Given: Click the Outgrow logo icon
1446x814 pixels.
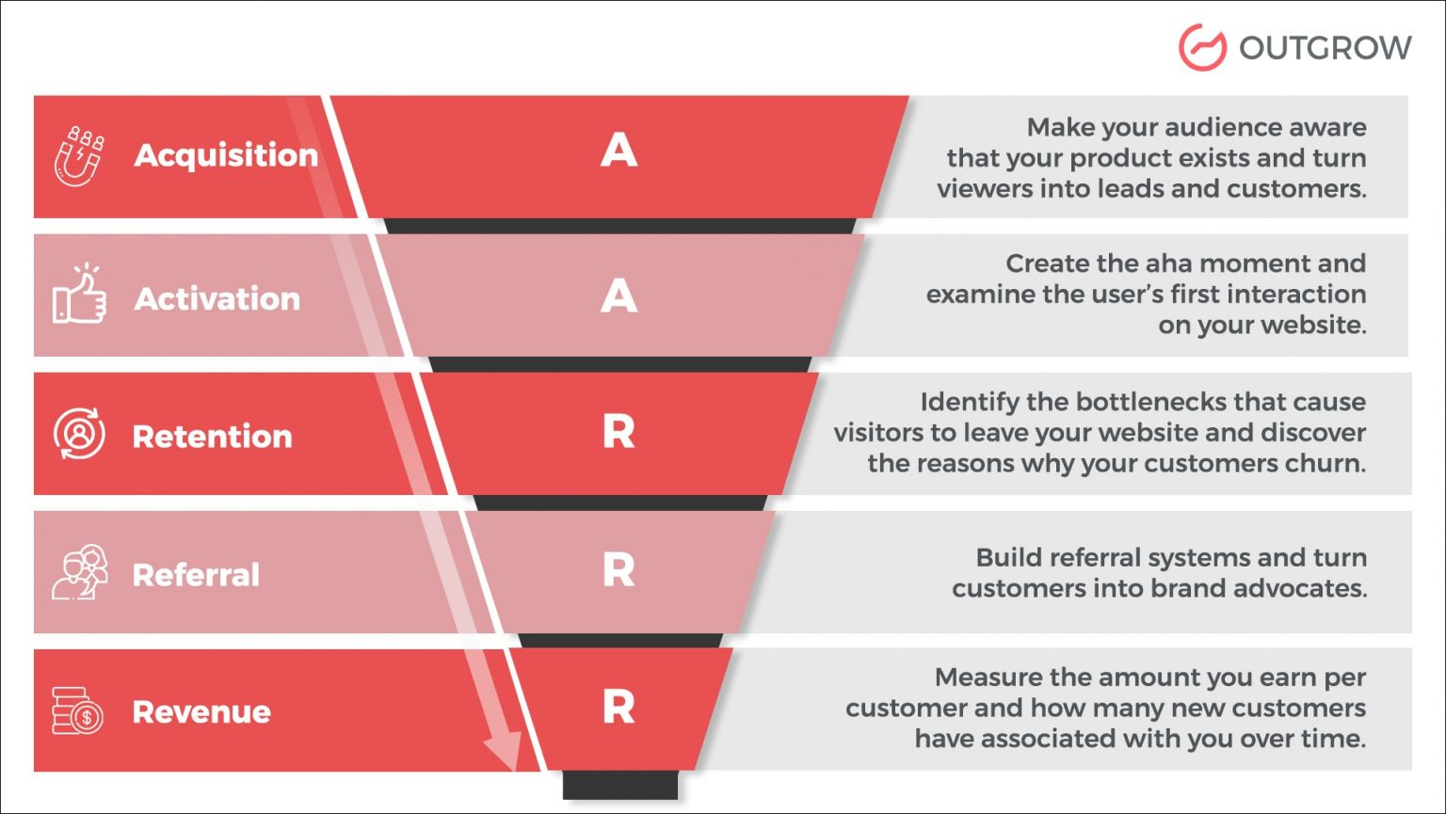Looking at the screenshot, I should tap(1202, 47).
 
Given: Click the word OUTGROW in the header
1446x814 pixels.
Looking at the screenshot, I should tap(1325, 48).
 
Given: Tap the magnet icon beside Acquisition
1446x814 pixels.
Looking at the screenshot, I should tap(78, 156).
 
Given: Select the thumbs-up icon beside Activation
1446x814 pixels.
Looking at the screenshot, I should tap(79, 295).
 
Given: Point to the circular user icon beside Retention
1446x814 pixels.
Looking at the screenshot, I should tap(79, 434).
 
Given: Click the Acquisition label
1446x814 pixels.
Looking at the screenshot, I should tap(226, 155).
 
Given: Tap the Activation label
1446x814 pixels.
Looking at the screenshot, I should tap(217, 299).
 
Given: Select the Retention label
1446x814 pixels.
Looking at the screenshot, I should tap(213, 437).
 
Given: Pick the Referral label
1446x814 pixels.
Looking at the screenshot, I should tap(196, 575).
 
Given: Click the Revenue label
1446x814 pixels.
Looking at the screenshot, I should tap(201, 712).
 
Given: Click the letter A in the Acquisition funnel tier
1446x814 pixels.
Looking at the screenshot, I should tap(619, 151).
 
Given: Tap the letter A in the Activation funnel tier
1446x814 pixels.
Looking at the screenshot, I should tap(619, 296).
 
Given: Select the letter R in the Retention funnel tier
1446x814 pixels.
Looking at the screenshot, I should tap(619, 432).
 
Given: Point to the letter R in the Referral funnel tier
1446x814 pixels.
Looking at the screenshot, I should tap(619, 570).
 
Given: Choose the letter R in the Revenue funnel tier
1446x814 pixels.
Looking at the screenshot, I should tap(619, 707).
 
